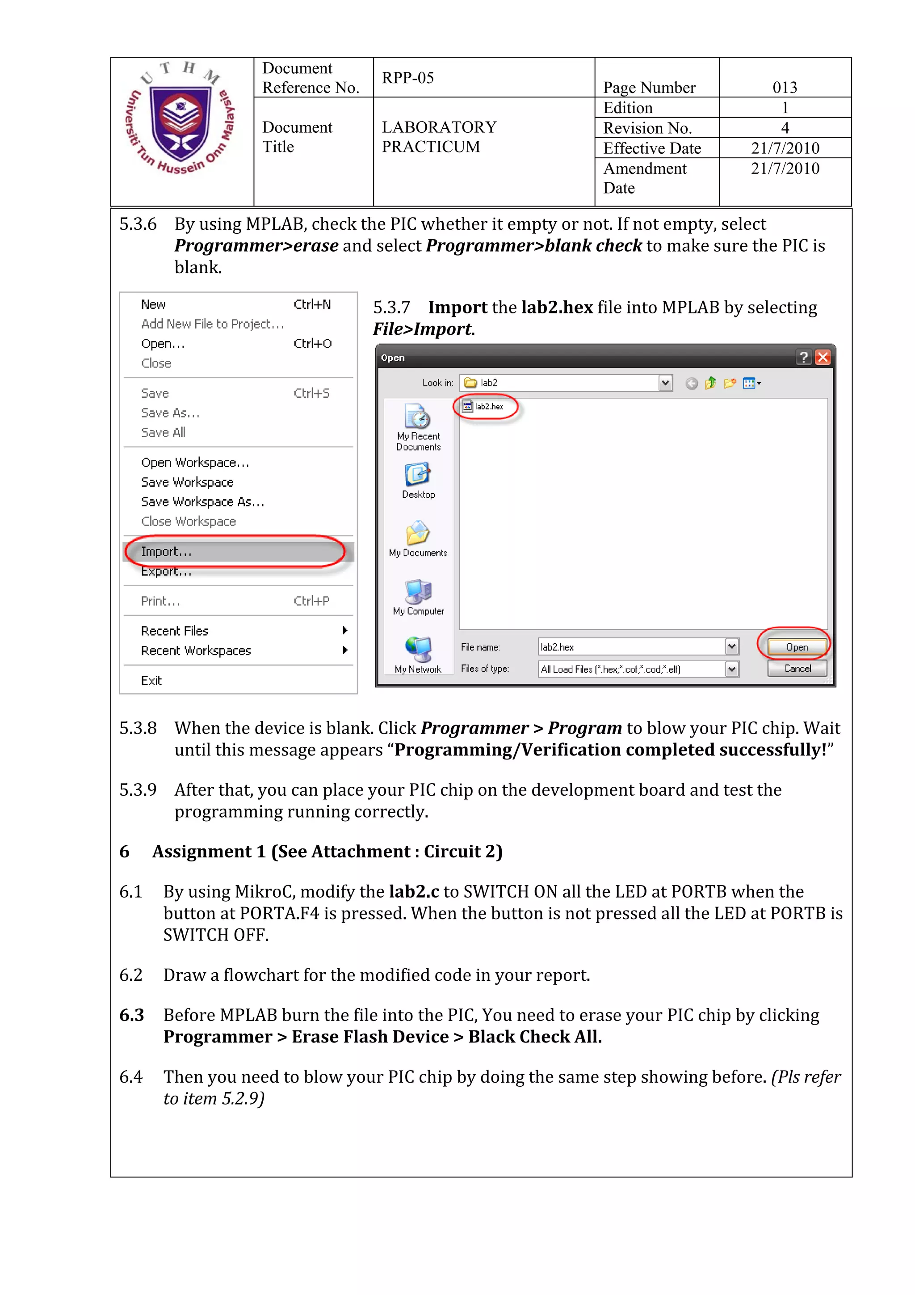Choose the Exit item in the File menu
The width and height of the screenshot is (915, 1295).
coord(151,681)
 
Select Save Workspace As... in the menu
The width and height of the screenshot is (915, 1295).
coord(202,502)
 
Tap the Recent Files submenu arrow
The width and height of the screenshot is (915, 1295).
coord(344,631)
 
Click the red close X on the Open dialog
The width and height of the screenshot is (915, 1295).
coord(823,358)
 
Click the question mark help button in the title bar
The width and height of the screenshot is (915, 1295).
coord(803,358)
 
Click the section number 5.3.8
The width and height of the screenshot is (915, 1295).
coord(138,728)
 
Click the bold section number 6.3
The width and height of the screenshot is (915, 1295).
coord(131,1015)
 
